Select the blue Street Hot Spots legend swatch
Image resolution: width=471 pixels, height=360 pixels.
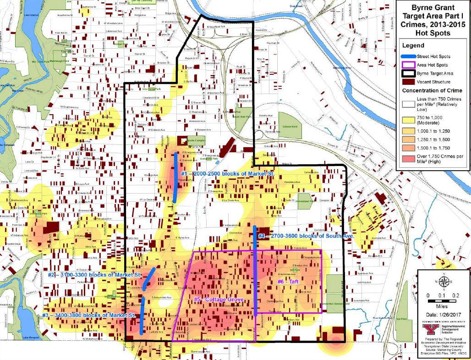tap(408, 56)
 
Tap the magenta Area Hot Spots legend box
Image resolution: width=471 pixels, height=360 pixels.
tap(408, 65)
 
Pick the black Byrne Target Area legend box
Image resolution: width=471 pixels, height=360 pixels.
tap(408, 73)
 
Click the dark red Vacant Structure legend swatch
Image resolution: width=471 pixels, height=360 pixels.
tap(408, 82)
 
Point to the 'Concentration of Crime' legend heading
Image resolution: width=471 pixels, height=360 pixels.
tap(432, 90)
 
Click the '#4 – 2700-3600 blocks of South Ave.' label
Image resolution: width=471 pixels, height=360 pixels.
tap(306, 236)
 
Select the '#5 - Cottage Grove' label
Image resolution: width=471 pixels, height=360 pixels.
tap(218, 299)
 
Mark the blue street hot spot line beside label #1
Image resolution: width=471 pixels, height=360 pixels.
tap(176, 177)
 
